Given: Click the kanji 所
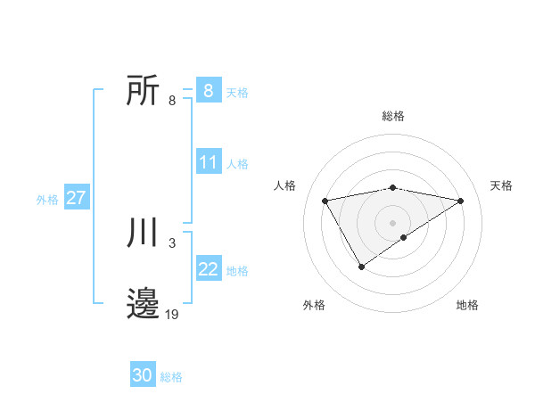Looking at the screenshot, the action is (x=144, y=91).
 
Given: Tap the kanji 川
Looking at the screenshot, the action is (x=144, y=234).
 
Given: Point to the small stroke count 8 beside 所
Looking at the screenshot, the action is (x=171, y=101).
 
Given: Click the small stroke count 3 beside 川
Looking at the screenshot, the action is (x=171, y=242).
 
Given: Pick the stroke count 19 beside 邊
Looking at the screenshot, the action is (x=172, y=314).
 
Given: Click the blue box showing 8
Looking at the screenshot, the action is (x=208, y=91).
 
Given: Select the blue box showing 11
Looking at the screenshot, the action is (x=208, y=162).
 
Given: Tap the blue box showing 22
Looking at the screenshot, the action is (x=208, y=269).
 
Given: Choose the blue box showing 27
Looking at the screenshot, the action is (x=76, y=198).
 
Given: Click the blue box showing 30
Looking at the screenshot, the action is (x=143, y=376).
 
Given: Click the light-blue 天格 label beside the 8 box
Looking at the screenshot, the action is (x=237, y=93).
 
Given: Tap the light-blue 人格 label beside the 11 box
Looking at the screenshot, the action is (x=237, y=164).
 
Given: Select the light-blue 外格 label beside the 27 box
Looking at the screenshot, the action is (x=47, y=200).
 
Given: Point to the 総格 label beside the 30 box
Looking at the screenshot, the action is (x=171, y=377).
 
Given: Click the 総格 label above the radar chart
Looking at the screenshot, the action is (x=392, y=116).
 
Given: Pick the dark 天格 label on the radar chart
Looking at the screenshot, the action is (x=501, y=185).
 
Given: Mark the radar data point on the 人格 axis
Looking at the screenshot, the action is (x=325, y=201).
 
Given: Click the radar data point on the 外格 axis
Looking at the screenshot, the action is (x=361, y=266).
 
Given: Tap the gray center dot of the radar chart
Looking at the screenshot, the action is (x=392, y=222).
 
